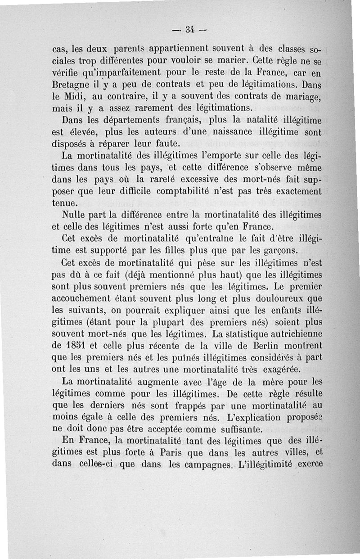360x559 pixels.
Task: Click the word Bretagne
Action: click(70, 84)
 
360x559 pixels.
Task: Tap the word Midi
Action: click(79, 96)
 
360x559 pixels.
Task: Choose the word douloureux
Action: click(266, 298)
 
